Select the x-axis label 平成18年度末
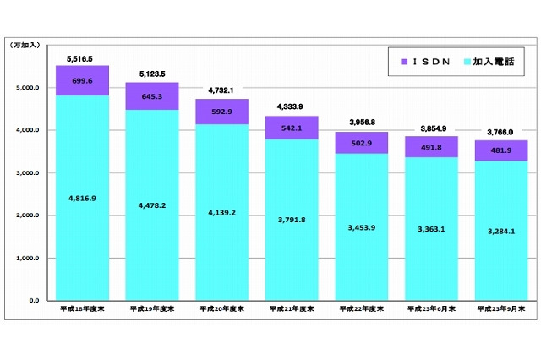81,309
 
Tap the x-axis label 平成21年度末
291,309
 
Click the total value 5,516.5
81,59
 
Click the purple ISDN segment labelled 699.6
81,81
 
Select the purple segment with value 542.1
291,128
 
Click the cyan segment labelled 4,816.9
81,198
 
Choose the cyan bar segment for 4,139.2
221,212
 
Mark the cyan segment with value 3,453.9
361,226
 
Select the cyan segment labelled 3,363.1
431,229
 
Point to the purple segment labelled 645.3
151,96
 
